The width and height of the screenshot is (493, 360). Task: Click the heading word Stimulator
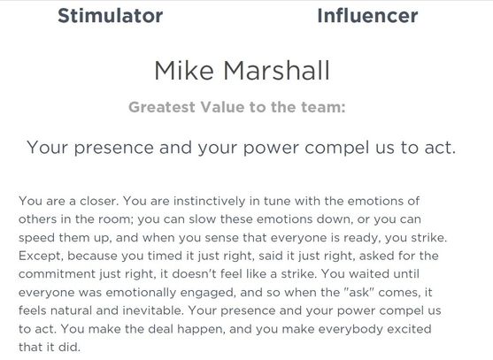pyautogui.click(x=110, y=15)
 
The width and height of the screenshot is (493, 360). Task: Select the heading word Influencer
pyautogui.click(x=367, y=15)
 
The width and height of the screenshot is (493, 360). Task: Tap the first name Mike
pyautogui.click(x=185, y=70)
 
